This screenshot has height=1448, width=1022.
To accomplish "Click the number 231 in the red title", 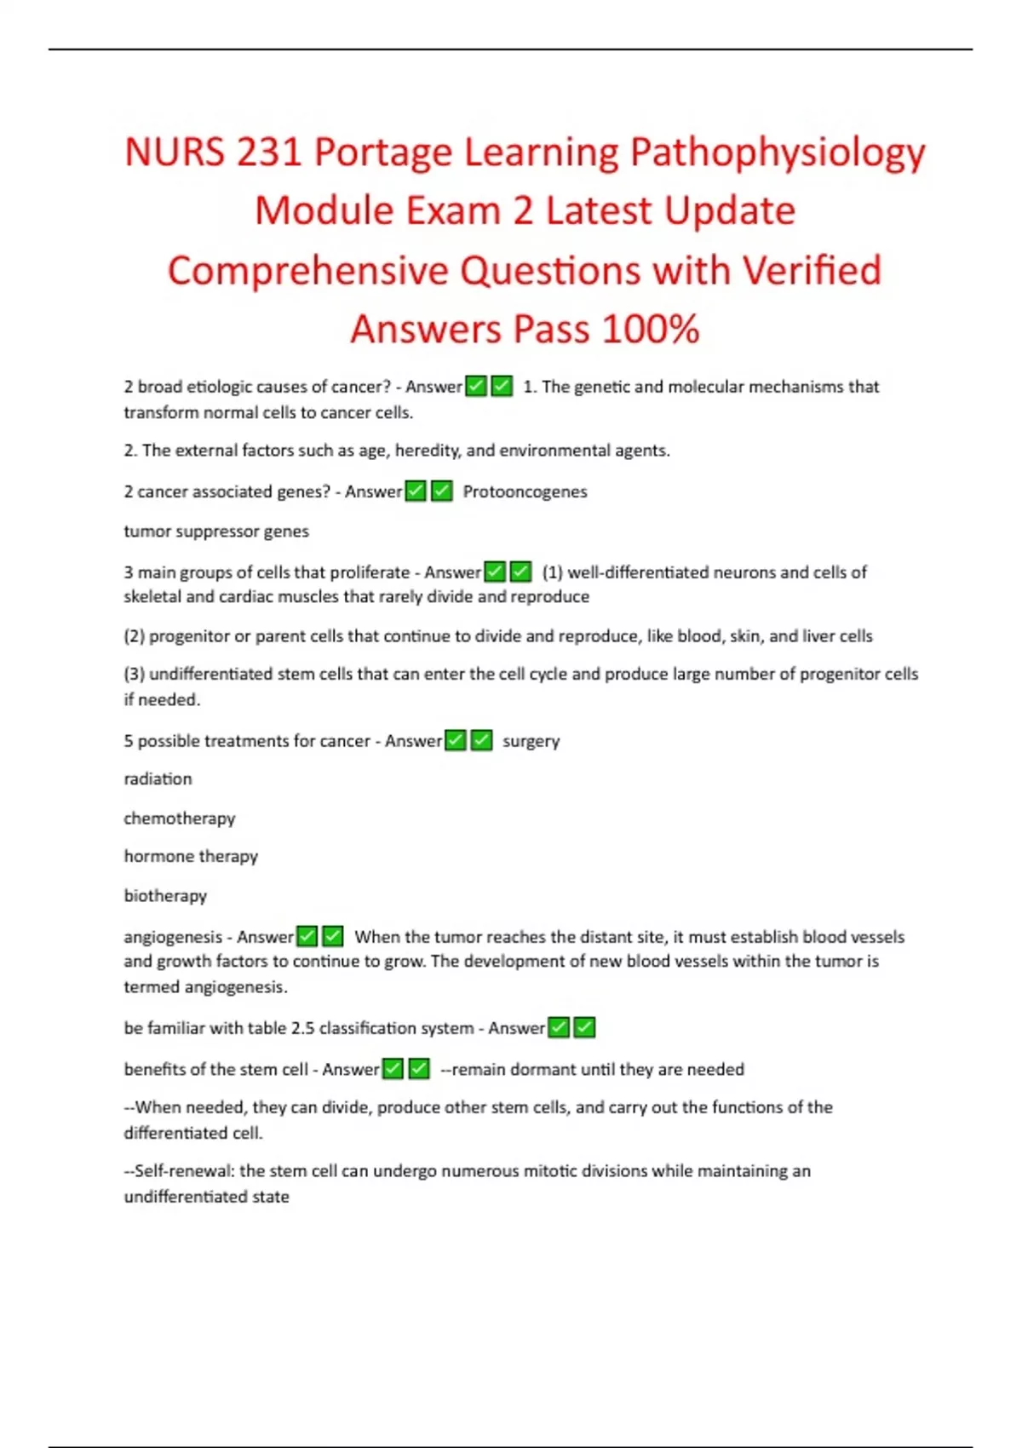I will point(267,152).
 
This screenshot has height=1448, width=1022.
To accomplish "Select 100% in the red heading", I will point(651,330).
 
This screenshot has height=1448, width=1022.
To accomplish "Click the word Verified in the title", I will point(811,271).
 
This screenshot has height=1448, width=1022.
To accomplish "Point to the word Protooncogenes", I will point(525,491).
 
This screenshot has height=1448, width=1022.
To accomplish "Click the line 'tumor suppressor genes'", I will point(216,532).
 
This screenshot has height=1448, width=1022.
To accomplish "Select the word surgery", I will point(531,741).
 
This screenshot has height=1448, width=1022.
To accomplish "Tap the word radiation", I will point(158,779).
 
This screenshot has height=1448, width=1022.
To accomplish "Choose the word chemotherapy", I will point(179,819).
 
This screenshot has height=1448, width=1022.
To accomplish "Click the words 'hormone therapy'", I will point(191,856).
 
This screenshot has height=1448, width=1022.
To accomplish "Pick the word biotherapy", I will point(165,895).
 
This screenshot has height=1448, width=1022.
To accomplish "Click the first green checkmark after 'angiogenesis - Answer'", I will point(307,937).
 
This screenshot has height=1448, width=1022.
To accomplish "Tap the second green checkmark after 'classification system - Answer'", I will point(584,1028).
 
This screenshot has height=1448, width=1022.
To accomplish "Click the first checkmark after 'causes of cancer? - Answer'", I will point(476,387).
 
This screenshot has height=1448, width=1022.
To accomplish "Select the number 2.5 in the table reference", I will point(302,1028).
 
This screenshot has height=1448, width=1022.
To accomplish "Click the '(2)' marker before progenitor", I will point(134,636).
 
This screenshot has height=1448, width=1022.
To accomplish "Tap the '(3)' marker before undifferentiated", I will point(134,674).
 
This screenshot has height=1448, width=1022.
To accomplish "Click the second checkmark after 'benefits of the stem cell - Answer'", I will point(419,1069).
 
